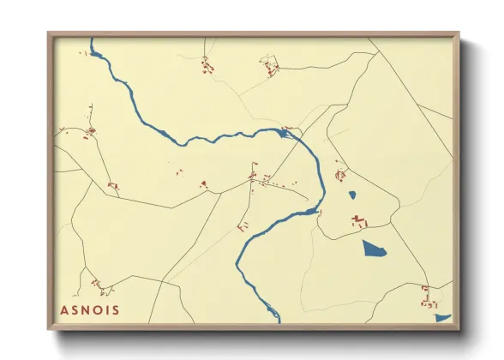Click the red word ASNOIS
tap(91, 310)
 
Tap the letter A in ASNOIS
tap(65, 310)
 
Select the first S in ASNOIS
tap(76, 310)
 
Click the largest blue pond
tap(375, 249)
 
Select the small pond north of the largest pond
tap(352, 195)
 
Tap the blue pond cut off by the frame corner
tap(442, 318)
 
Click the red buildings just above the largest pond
tap(359, 222)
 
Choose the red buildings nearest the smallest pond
tap(340, 175)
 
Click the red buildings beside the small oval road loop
tap(271, 64)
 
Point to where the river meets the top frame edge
tap(92, 39)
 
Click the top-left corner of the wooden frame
tap(49, 33)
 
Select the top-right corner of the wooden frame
tap(459, 33)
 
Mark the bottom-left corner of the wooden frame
tap(49, 329)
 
